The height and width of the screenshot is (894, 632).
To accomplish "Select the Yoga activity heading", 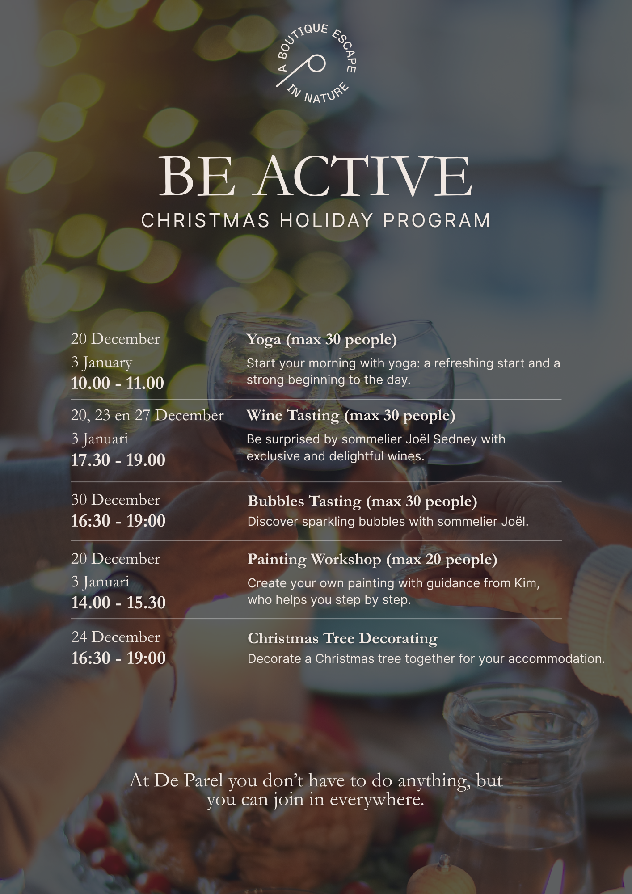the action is [321, 340].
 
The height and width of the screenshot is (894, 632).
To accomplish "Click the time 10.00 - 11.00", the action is [118, 383].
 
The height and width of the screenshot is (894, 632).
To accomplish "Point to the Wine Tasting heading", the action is [351, 416].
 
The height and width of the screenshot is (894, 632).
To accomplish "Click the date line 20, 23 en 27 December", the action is [147, 416].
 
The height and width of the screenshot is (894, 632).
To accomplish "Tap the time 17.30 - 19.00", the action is [118, 460].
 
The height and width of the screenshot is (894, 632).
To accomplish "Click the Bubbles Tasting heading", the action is [362, 502].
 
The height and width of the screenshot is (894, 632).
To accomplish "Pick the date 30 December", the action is [115, 500].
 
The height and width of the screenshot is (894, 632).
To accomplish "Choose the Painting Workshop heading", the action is [372, 560].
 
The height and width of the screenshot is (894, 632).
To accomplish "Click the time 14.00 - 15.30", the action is [118, 603].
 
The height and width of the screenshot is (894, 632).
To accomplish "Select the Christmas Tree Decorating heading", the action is [342, 638].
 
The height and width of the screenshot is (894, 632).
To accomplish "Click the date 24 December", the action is [115, 637].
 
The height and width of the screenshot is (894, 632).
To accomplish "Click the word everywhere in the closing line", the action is [377, 800].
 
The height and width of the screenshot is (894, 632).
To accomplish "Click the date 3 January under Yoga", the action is [101, 362].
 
